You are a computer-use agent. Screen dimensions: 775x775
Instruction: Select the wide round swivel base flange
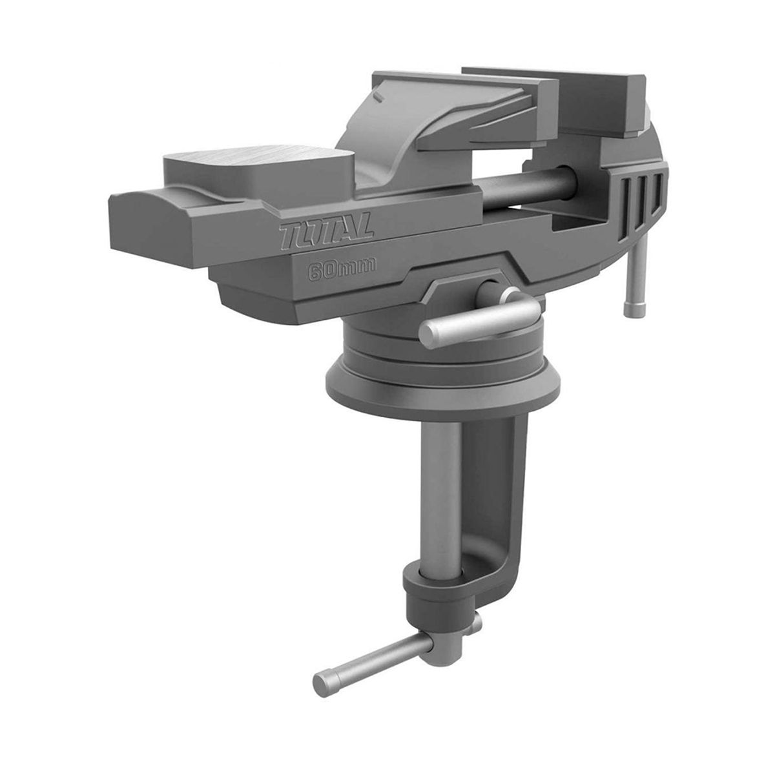tap(439, 378)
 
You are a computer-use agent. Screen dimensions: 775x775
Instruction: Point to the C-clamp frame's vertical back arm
tap(513, 491)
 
